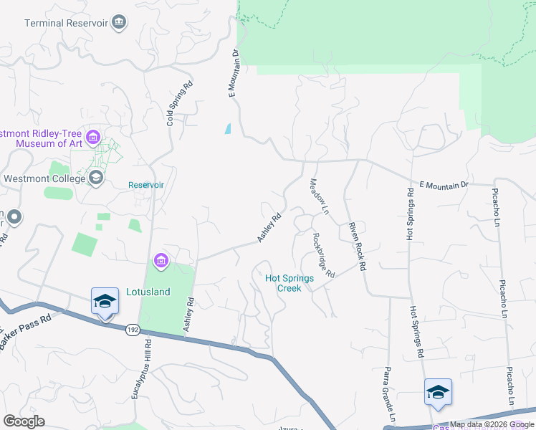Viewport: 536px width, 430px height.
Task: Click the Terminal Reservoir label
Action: (x=66, y=23)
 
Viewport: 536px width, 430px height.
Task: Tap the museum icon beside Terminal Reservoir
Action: (x=119, y=23)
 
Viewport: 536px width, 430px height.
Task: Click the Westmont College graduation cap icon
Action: (x=95, y=177)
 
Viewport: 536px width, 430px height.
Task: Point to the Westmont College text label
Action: (x=44, y=178)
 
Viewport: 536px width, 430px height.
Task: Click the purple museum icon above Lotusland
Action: (x=161, y=262)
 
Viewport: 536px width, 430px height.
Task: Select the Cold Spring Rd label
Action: (x=179, y=102)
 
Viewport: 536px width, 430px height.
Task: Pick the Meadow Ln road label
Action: (x=318, y=198)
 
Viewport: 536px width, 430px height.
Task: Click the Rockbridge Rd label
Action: (x=324, y=255)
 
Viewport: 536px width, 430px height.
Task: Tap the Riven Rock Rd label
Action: (x=357, y=246)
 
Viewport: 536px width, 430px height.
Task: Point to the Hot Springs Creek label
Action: (x=293, y=283)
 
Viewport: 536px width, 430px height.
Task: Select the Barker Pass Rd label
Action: (x=24, y=332)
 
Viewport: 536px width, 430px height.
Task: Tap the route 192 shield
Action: (x=131, y=330)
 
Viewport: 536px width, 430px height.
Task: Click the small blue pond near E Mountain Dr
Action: (x=228, y=129)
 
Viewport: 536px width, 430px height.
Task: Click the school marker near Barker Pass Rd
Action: (x=105, y=302)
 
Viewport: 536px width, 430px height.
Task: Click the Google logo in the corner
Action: (x=24, y=421)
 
